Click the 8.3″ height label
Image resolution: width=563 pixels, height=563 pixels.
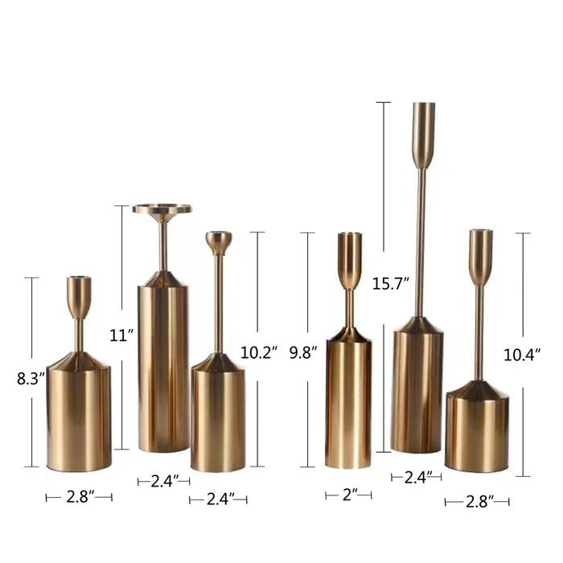tap(31, 379)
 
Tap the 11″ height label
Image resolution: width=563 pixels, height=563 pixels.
tap(121, 335)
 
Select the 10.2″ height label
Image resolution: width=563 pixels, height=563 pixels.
tap(259, 353)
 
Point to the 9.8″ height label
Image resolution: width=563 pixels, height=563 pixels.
tap(303, 353)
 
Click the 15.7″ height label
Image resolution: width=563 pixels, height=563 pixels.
tap(391, 284)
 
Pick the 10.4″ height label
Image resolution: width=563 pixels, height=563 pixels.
tap(522, 355)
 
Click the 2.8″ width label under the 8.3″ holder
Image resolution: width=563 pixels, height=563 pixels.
tap(80, 497)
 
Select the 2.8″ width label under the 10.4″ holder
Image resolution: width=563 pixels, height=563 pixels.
tap(479, 502)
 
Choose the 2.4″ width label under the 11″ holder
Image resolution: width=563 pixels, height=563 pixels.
tap(164, 482)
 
